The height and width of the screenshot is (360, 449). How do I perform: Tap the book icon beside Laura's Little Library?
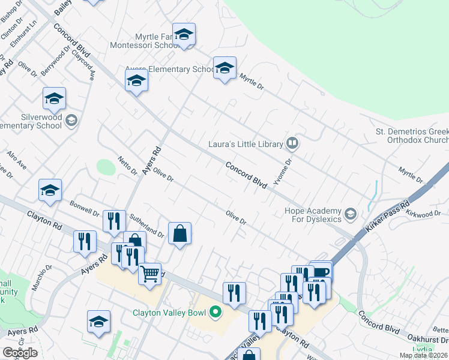[292, 143]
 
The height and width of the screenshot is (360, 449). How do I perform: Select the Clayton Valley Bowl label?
[170, 312]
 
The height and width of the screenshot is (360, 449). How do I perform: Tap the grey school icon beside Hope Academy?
[350, 213]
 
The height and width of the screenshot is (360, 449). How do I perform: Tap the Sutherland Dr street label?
[146, 225]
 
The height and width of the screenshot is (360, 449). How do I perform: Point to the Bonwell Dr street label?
[84, 208]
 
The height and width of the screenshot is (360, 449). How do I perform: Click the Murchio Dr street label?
[42, 277]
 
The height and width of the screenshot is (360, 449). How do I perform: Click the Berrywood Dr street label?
[55, 62]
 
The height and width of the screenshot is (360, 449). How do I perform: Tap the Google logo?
[19, 353]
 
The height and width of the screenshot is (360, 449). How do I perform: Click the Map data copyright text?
[423, 355]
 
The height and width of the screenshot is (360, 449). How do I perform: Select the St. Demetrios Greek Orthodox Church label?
[411, 136]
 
